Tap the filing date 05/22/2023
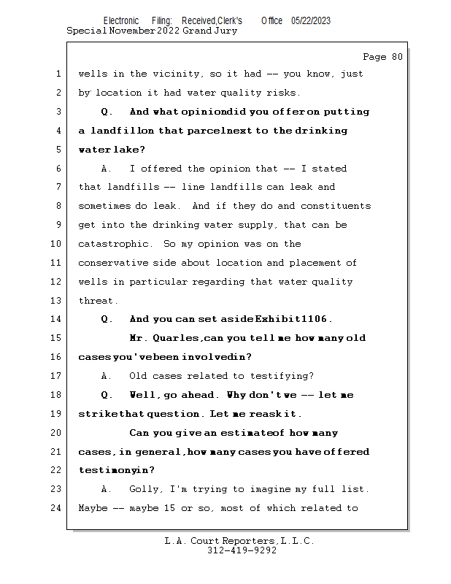(310, 20)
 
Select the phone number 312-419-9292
(242, 551)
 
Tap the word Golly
(144, 488)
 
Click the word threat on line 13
(97, 301)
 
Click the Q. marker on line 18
(107, 395)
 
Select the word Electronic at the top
(121, 20)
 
